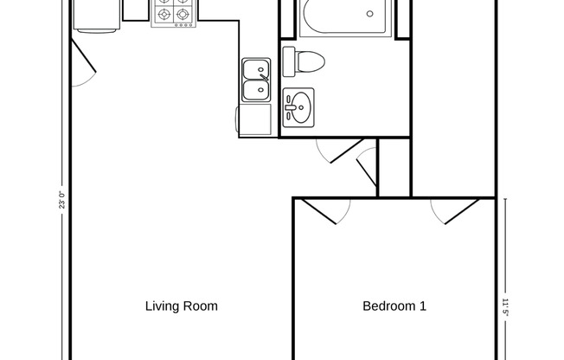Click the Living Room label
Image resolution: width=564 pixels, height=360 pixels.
coord(181,305)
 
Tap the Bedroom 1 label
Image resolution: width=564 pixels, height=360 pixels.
coord(394,305)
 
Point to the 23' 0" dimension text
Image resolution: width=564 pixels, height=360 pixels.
coord(61,202)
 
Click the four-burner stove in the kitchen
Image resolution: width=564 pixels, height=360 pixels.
coord(172,12)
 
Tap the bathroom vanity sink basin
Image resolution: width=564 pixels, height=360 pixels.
coord(298,106)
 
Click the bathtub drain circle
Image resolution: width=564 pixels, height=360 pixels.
coord(370,14)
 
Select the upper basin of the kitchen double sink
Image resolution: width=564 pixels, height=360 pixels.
coord(255,69)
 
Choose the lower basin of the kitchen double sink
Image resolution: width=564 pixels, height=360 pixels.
coord(255,88)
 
